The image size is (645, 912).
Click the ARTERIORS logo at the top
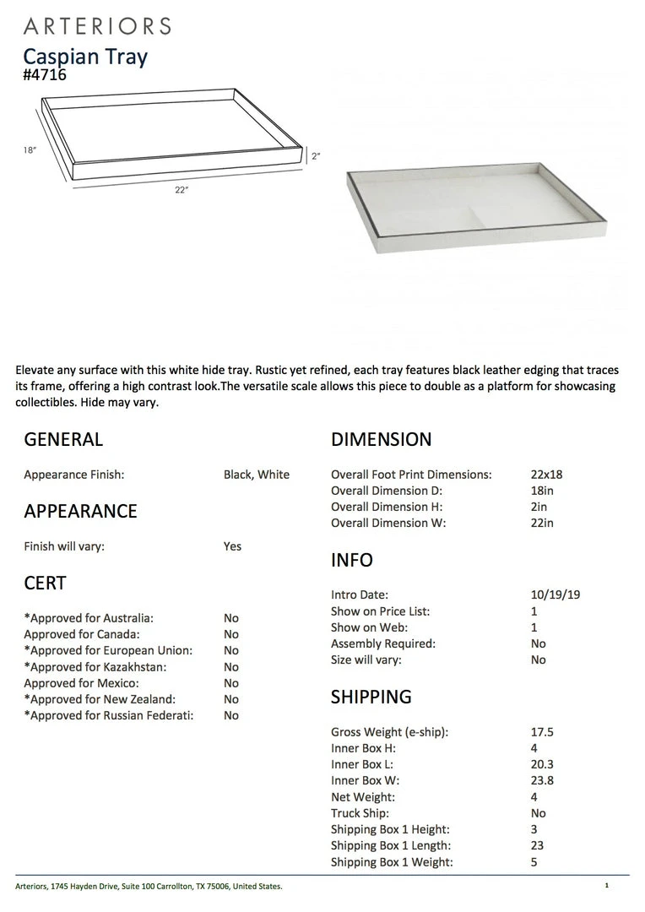tap(97, 26)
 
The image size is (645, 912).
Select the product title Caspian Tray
tap(85, 57)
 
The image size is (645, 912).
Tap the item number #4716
tap(45, 75)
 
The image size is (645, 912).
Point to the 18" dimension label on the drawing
tap(30, 150)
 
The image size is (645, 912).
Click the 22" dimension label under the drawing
tap(182, 190)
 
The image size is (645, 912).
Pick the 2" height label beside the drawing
tap(316, 156)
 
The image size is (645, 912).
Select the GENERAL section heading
tap(63, 439)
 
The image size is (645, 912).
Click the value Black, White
tap(257, 475)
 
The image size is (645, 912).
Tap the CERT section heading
tap(45, 583)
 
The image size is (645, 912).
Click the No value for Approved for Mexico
tap(231, 683)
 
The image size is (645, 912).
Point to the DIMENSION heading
tap(381, 439)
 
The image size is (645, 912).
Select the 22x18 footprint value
tap(546, 475)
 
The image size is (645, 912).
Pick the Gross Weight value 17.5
tap(542, 732)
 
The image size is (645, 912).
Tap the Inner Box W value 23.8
tap(542, 781)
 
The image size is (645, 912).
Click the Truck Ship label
tap(360, 813)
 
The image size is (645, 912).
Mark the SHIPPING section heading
tap(371, 697)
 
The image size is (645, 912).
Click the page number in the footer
tap(606, 886)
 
